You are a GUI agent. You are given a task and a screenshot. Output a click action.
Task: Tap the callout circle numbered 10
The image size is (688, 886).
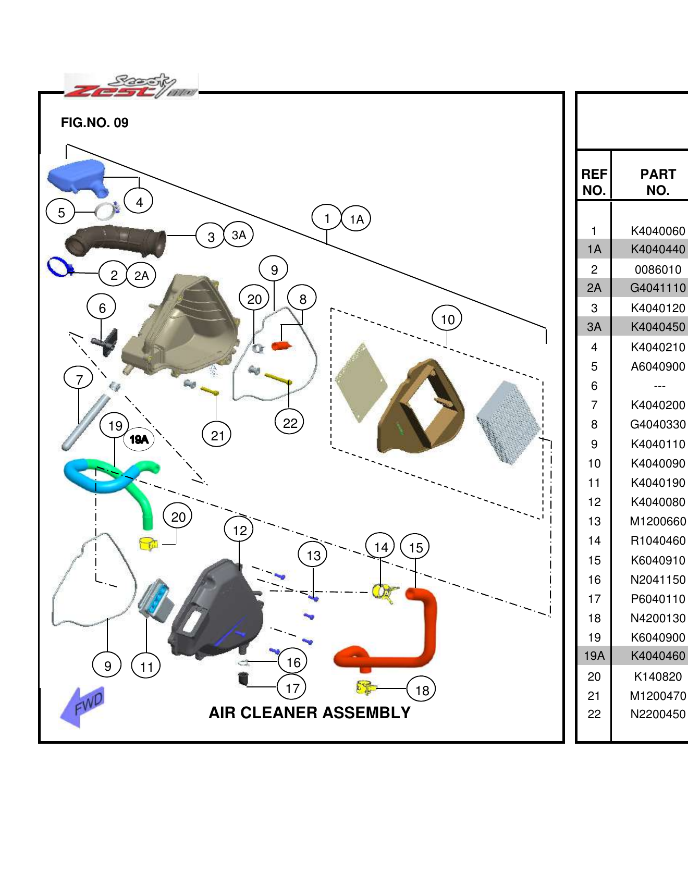tap(447, 319)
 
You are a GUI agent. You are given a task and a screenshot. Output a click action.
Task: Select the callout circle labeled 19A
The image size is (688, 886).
tap(139, 439)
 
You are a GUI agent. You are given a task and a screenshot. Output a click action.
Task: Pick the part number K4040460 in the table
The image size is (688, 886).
tap(658, 656)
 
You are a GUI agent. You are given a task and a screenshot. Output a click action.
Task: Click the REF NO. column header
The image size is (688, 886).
tap(594, 182)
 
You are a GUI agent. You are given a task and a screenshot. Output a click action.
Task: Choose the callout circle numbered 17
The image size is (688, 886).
tap(292, 688)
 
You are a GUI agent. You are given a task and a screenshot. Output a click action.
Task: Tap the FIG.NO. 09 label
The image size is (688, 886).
tap(94, 122)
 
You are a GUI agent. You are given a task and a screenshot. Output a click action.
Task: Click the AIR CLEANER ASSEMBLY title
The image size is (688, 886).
tap(310, 712)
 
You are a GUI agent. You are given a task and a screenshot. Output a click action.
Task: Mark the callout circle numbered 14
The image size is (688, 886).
tap(380, 547)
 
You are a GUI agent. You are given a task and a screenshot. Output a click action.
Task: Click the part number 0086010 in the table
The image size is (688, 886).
tap(658, 269)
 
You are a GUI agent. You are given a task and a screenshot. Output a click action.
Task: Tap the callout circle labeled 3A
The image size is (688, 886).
tap(239, 235)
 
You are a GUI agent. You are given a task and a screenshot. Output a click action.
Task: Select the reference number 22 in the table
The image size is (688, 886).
tap(594, 714)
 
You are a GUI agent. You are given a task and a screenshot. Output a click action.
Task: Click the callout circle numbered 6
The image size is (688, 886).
tap(102, 307)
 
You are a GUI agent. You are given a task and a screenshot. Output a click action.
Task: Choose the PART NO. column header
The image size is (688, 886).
tap(658, 182)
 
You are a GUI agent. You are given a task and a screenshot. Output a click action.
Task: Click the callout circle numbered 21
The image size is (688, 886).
tap(217, 435)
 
